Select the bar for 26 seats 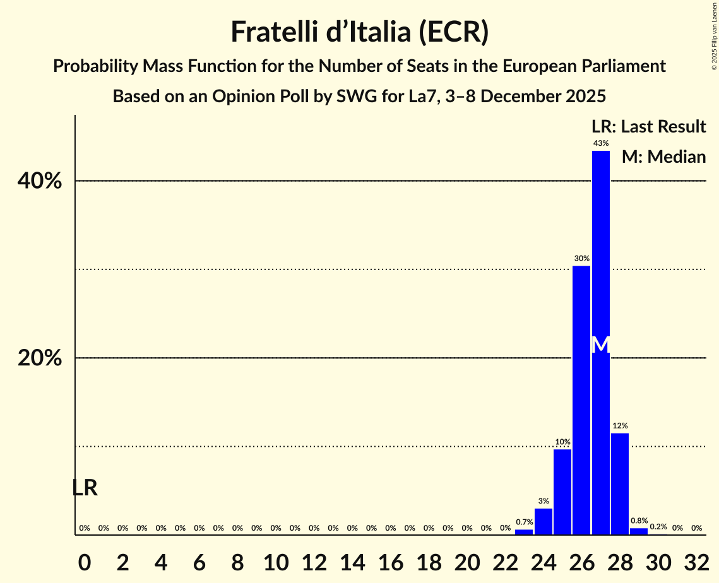tap(581, 400)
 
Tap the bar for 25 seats tap(562, 492)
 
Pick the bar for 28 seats tap(620, 484)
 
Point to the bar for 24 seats tap(544, 522)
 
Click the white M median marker tap(601, 344)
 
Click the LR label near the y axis tap(85, 488)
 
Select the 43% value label tap(601, 143)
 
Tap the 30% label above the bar tap(581, 259)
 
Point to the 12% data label tap(620, 426)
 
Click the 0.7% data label tap(525, 522)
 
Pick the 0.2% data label tap(658, 527)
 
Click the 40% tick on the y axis tap(40, 181)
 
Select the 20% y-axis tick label tap(40, 358)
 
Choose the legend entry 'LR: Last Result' tap(648, 127)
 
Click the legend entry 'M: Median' tap(663, 156)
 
